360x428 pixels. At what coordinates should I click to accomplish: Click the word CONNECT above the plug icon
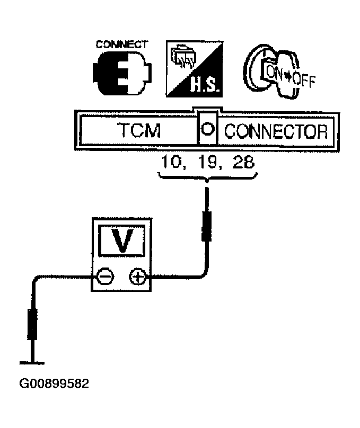click(x=122, y=44)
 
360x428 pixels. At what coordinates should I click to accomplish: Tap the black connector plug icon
click(x=122, y=74)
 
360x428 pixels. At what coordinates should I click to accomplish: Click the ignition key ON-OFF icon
click(x=278, y=72)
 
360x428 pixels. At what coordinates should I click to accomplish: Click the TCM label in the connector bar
click(x=139, y=130)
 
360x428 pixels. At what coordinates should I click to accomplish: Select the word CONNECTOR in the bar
click(x=276, y=131)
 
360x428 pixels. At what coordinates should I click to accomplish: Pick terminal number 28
click(x=243, y=162)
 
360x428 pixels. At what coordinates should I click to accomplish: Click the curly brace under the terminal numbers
click(x=208, y=177)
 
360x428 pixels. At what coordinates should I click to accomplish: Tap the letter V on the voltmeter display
click(x=122, y=240)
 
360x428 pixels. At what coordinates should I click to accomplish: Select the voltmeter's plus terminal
click(x=138, y=277)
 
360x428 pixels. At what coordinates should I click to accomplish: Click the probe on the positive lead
click(x=207, y=226)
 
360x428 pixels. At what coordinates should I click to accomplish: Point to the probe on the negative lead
click(x=32, y=324)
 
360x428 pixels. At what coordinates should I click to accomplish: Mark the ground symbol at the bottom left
click(x=32, y=363)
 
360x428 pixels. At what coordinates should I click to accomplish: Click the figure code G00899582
click(x=54, y=384)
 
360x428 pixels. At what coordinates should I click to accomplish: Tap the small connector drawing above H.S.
click(x=182, y=57)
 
